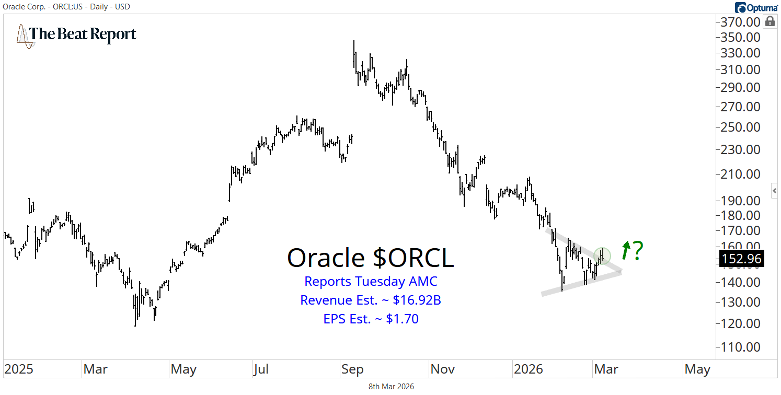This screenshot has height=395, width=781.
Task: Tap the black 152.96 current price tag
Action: tap(742, 258)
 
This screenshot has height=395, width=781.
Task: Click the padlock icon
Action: tap(769, 21)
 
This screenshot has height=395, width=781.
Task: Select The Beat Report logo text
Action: tap(83, 34)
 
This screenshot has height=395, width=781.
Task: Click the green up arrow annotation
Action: tap(625, 251)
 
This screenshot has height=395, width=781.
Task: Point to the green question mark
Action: tap(637, 251)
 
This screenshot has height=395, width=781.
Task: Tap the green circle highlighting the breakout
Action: tap(603, 255)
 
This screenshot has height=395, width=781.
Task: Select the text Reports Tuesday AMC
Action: tap(371, 281)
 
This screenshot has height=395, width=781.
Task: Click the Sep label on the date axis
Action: tap(352, 369)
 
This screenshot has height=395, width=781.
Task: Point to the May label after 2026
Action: tap(697, 369)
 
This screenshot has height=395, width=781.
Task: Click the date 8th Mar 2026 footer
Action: tap(390, 387)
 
